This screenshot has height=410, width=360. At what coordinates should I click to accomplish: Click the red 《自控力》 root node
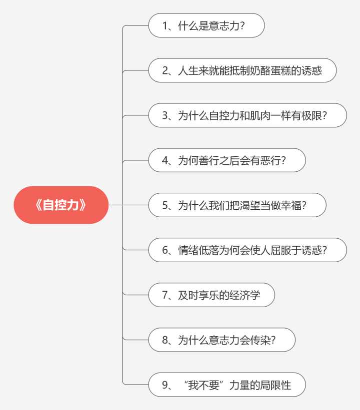[61, 205]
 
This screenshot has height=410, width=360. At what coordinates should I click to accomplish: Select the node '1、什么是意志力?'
[206, 25]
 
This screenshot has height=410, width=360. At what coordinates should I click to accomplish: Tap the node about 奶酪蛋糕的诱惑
[242, 70]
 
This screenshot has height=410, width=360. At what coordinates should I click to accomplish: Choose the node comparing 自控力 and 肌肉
[247, 115]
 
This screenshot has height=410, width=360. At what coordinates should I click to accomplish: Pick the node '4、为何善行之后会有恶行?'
[226, 160]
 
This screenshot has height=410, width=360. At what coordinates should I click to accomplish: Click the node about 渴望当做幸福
[237, 205]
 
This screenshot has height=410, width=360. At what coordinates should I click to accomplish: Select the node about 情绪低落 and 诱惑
[247, 250]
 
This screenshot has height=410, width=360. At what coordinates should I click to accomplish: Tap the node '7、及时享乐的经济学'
[211, 295]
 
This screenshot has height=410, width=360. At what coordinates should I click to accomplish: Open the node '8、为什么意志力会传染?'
[221, 340]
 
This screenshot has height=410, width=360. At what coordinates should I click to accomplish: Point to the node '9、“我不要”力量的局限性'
[226, 385]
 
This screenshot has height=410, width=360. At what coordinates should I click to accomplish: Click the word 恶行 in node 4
[270, 160]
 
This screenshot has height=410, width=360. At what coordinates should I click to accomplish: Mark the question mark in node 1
[242, 25]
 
